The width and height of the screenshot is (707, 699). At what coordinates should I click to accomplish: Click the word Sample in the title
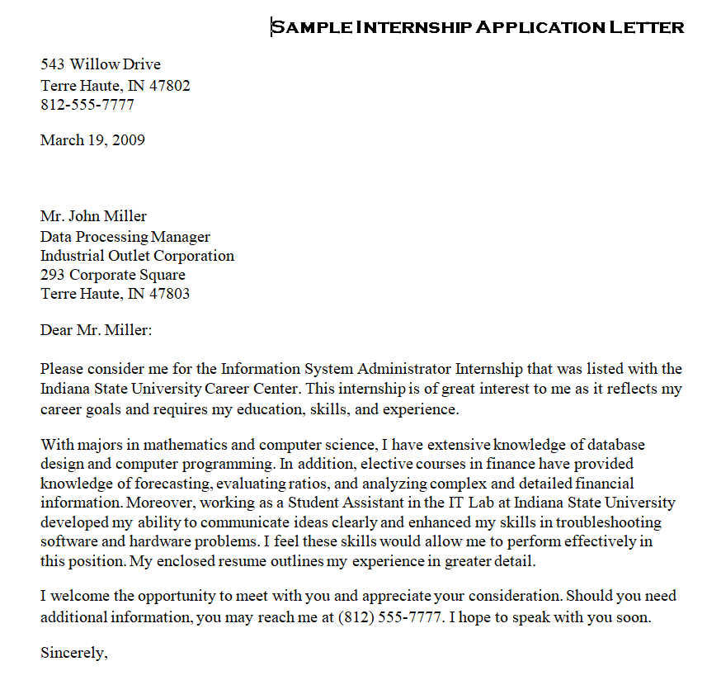tap(311, 27)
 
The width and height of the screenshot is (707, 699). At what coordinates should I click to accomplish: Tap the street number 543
tap(53, 64)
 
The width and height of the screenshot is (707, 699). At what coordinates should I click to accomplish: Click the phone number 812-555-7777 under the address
tap(87, 105)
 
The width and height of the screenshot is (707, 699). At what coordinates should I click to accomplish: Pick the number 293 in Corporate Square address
tap(53, 275)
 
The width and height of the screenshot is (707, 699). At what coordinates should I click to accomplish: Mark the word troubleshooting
tap(609, 522)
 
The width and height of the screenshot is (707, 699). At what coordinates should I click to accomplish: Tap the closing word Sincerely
tap(74, 653)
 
